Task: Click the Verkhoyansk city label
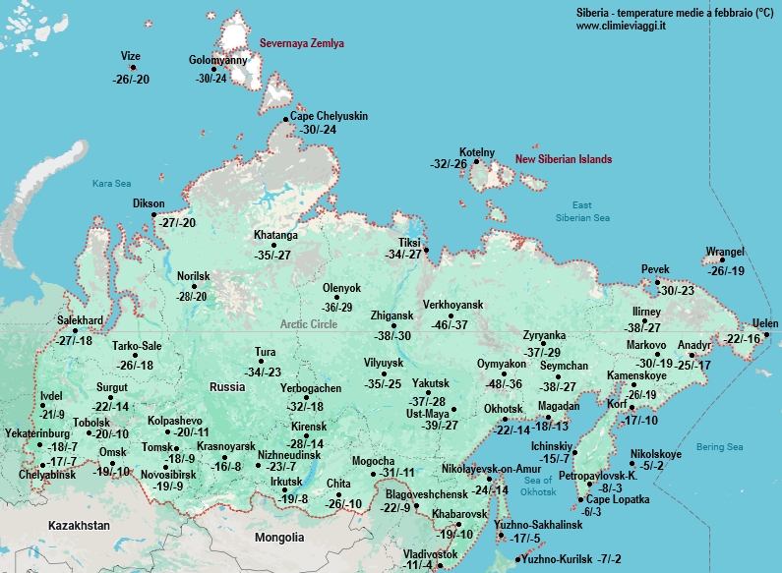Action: click(453, 304)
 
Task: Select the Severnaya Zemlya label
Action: click(302, 44)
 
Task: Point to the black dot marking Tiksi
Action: click(426, 250)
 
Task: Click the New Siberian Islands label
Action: click(564, 159)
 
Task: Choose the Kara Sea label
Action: click(111, 184)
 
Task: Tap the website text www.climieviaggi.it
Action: click(622, 26)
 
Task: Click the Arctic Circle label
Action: click(309, 324)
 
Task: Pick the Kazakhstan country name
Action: click(79, 526)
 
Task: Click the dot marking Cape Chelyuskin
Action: click(286, 119)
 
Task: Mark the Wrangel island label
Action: click(725, 252)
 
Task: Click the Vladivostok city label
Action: click(431, 554)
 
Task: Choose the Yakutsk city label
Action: click(432, 382)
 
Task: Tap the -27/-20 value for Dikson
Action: click(177, 223)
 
